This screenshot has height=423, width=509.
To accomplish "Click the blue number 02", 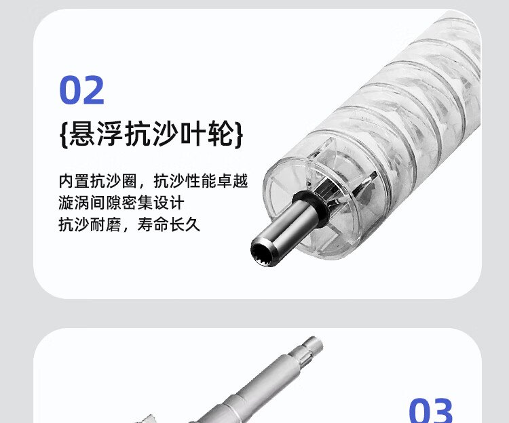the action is (82, 89).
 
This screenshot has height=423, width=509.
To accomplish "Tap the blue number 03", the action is (430, 411).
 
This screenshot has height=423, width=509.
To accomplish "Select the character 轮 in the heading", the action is (221, 134).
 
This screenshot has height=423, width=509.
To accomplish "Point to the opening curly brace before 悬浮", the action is (64, 134).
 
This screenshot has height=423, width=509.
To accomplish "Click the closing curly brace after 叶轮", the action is (239, 134).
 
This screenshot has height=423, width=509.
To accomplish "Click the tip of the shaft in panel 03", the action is (316, 342).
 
